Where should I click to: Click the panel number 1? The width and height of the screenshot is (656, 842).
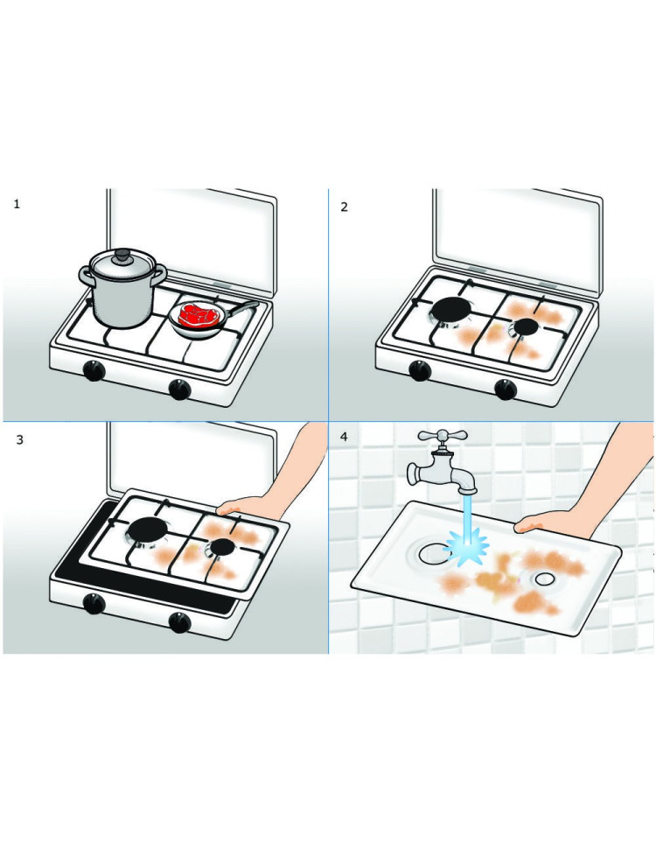17,204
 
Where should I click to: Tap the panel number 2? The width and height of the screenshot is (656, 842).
344,207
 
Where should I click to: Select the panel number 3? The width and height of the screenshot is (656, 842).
20,439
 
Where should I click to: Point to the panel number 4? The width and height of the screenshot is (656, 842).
344,437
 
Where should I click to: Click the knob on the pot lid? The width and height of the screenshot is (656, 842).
124,255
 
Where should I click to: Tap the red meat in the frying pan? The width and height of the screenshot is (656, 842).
197,315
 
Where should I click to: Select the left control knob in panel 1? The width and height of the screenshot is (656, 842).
94,370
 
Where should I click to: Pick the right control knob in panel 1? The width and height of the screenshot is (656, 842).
179,389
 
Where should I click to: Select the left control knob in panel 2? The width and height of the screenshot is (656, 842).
420,370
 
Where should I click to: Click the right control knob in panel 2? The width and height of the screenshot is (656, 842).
506,389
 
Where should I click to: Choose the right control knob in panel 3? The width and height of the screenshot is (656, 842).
179,621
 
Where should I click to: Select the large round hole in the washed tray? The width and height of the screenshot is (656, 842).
433,554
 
